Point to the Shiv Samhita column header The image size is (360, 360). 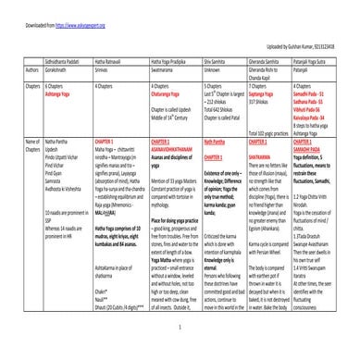tap(215, 58)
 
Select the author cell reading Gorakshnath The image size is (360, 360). tap(60, 67)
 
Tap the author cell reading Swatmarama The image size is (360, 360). tap(164, 67)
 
